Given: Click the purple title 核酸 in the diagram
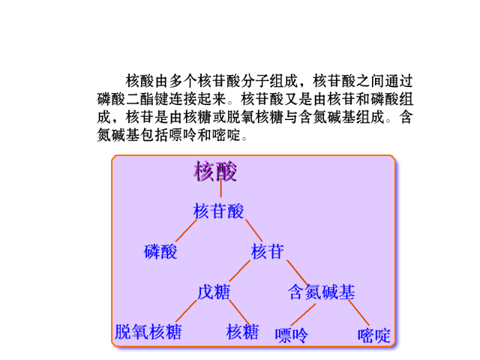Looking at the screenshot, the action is tap(215, 171).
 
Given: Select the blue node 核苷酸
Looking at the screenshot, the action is tap(218, 211).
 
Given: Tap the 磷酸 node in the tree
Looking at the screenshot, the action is tap(160, 252).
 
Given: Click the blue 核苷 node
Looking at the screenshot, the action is tap(267, 252).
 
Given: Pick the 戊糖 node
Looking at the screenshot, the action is tap(214, 292).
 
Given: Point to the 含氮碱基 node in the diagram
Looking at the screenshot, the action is tap(322, 292).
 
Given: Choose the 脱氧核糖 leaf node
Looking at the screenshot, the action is tap(148, 331).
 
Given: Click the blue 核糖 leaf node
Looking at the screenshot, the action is tap(242, 331).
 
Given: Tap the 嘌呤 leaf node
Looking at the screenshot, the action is tap(291, 335).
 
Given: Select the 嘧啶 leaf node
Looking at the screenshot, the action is tap(374, 335).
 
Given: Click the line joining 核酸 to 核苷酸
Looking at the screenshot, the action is tap(220, 188).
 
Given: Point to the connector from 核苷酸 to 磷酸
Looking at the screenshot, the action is tap(186, 230).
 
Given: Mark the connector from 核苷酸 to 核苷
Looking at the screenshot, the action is tap(253, 230).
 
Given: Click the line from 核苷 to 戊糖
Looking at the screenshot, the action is tap(240, 271).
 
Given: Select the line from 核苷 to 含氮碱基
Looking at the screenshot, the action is tap(297, 273).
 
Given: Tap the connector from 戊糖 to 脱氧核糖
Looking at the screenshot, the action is tap(186, 311).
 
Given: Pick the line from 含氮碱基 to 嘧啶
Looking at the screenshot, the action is tap(358, 313).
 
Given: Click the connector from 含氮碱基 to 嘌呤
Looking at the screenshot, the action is tap(303, 314).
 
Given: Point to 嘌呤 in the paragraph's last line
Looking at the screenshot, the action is tap(183, 135).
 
